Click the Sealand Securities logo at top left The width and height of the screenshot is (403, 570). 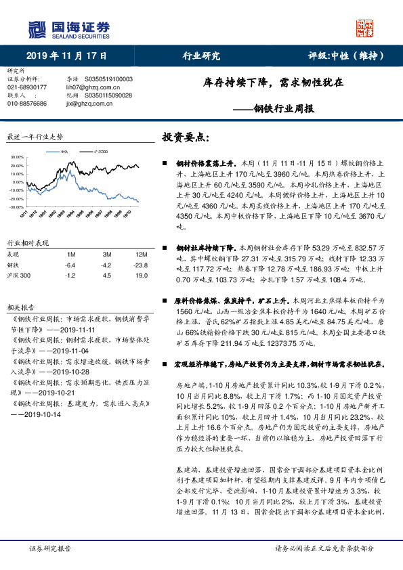tap(68, 29)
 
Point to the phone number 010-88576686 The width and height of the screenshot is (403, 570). tap(27, 104)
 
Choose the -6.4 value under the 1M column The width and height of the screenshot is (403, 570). tap(70, 265)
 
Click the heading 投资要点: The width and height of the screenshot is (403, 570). tap(182, 137)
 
